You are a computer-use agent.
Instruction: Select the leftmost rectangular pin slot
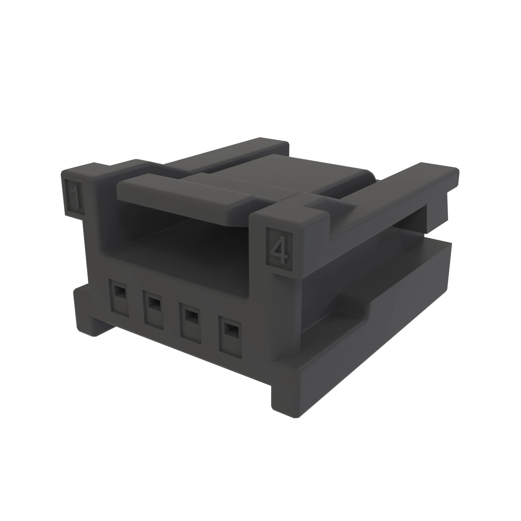pyautogui.click(x=118, y=298)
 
